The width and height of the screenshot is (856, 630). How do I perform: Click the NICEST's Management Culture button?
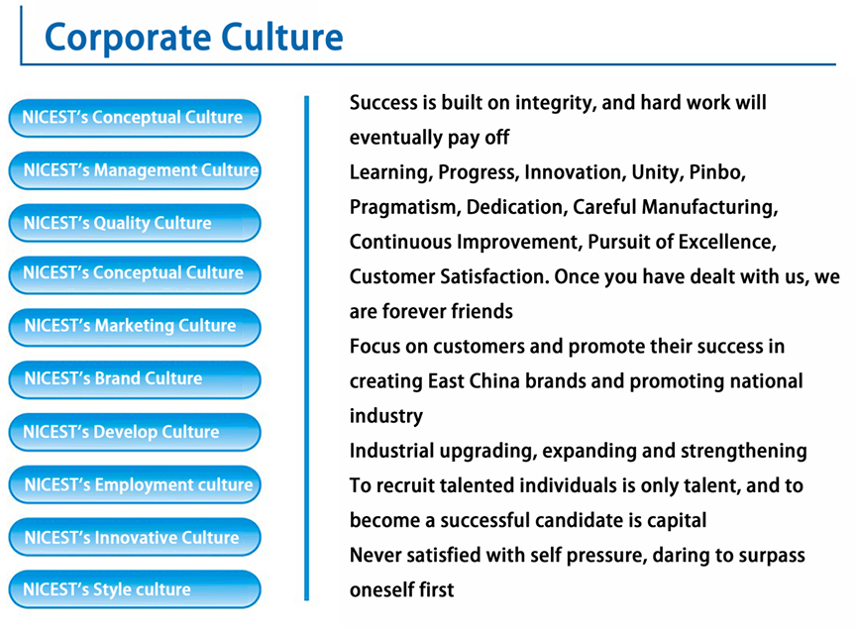pyautogui.click(x=135, y=170)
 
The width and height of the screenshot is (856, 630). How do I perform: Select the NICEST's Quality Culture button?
pyautogui.click(x=135, y=223)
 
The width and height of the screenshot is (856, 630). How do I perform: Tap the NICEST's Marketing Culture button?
pyautogui.click(x=135, y=328)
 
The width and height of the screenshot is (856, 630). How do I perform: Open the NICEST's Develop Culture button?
pyautogui.click(x=135, y=432)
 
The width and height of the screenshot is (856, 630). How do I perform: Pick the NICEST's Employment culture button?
pyautogui.click(x=135, y=484)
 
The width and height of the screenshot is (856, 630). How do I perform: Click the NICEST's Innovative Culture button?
pyautogui.click(x=135, y=537)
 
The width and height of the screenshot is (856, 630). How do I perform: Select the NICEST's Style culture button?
pyautogui.click(x=135, y=589)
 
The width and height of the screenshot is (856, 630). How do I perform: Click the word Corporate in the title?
pyautogui.click(x=128, y=39)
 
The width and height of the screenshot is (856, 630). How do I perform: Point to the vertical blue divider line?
pyautogui.click(x=307, y=349)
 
